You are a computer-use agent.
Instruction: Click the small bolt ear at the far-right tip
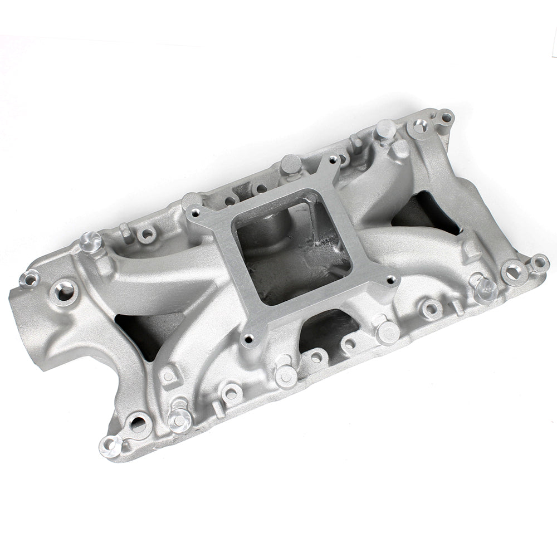click(539, 261)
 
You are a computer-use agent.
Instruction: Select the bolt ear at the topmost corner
click(445, 118)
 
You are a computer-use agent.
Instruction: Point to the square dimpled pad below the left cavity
click(168, 376)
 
